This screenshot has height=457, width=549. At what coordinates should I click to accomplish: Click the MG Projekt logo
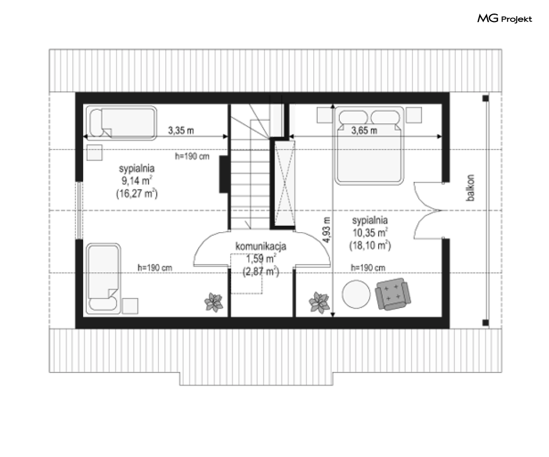point(505,18)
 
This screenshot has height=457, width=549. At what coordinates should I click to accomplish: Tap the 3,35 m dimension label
point(181,131)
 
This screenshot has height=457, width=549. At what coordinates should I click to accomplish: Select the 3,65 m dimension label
point(364,131)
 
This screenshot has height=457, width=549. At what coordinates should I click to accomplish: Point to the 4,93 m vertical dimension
point(326,230)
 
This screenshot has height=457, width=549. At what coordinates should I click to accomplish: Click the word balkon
point(471,188)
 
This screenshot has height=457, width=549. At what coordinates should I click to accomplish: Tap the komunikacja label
point(261,246)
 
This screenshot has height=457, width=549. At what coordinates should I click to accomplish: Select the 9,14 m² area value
point(136,181)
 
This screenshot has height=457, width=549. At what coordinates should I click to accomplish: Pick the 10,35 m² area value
point(370,233)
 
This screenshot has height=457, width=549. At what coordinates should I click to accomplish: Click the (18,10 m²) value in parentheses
point(370,245)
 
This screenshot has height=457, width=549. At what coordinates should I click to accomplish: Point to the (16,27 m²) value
point(137,193)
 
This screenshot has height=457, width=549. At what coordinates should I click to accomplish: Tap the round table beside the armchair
point(356,294)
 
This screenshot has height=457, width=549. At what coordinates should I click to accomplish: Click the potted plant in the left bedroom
point(213,302)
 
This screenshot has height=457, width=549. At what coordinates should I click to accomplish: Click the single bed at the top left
point(121,123)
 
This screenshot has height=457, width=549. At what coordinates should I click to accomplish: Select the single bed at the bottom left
point(104,278)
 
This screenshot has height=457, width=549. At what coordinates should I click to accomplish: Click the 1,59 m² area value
point(260,259)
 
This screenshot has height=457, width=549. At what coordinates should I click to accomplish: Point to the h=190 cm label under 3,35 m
point(192,156)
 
